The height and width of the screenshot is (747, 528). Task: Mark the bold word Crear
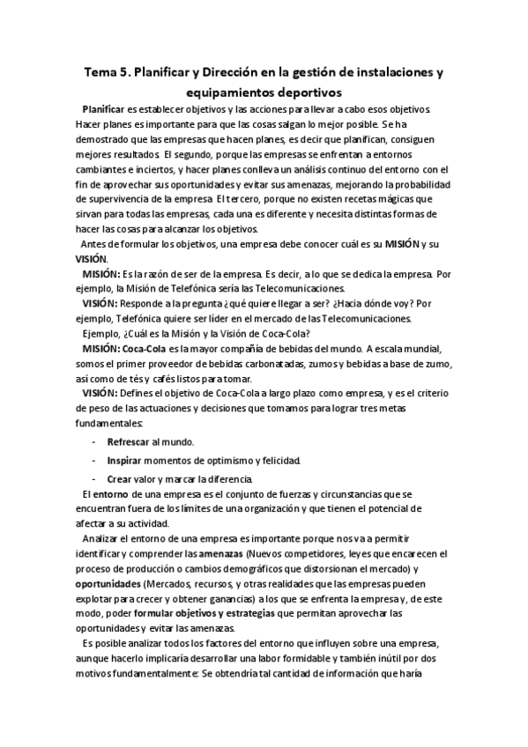click(119, 479)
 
